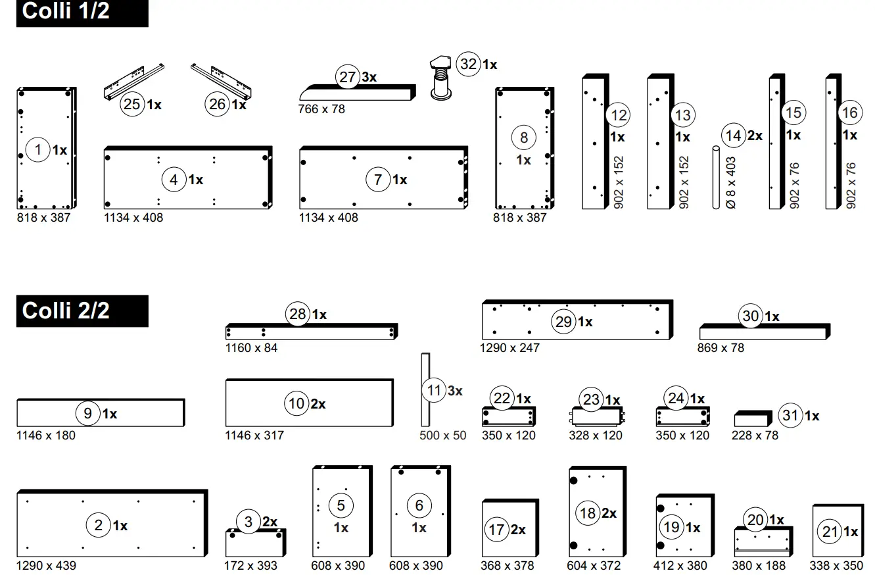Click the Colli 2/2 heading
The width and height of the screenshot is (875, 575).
(66, 311)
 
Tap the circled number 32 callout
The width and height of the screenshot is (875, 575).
(468, 64)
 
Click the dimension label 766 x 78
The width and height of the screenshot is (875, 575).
(321, 109)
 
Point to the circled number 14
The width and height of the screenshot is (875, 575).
(734, 136)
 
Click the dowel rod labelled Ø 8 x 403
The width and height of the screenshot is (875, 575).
(717, 178)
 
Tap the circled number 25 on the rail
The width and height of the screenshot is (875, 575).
(132, 104)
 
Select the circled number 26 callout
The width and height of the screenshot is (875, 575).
(217, 104)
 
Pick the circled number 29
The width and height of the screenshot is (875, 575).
(564, 322)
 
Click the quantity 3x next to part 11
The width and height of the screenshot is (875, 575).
(455, 391)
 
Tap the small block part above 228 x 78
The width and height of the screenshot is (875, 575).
(752, 418)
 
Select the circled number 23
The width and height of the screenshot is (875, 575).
(592, 399)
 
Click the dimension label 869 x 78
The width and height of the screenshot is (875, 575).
(721, 347)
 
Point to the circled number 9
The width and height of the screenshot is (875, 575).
(88, 413)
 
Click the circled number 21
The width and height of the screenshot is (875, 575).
(830, 532)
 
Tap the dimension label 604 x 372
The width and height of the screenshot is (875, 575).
(594, 565)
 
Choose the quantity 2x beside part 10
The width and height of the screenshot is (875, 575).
(318, 403)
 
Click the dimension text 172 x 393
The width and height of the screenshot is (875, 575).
(251, 565)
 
